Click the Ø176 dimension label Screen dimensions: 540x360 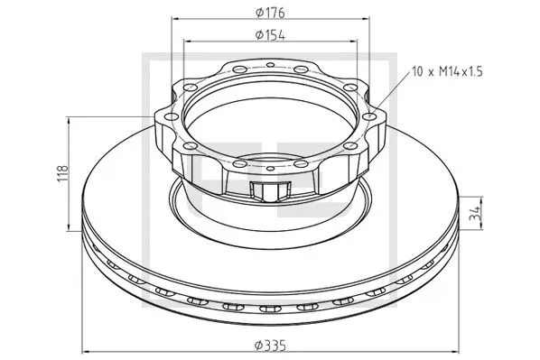pos(270,13)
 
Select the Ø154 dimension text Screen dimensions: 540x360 pos(270,35)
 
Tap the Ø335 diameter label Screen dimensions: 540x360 pos(270,346)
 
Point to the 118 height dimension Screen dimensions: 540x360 pos(63,174)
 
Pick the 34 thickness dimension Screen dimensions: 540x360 pos(476,213)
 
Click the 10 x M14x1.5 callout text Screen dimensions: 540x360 pos(447,72)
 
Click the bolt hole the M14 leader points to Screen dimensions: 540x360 pos(369,116)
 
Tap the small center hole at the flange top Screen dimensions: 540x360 pos(271,64)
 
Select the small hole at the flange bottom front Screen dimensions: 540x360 pos(271,169)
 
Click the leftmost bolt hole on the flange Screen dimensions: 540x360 pos(172,116)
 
